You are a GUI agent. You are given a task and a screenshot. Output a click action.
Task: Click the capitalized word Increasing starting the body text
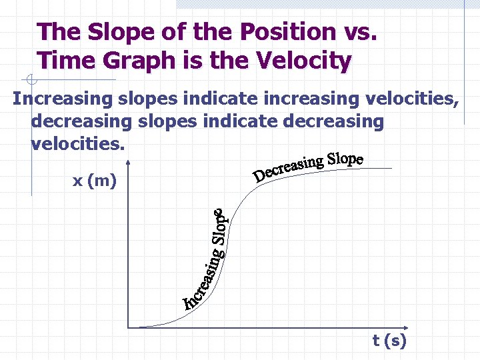(63, 99)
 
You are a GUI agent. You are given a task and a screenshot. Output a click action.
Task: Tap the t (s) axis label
(389, 341)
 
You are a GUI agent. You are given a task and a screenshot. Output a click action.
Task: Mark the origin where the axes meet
(128, 327)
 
